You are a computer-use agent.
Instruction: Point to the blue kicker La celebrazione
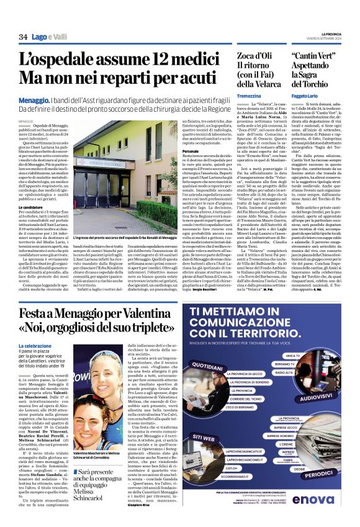[x=36, y=346]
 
